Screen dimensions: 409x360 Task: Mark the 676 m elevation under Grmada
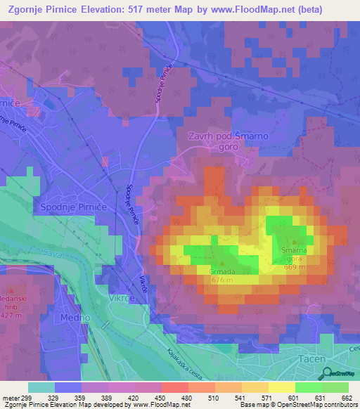(x=221, y=281)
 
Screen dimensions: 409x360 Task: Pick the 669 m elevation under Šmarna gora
(x=294, y=268)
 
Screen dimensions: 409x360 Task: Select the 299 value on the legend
(x=27, y=397)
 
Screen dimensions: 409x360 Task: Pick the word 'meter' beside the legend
(x=9, y=397)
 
